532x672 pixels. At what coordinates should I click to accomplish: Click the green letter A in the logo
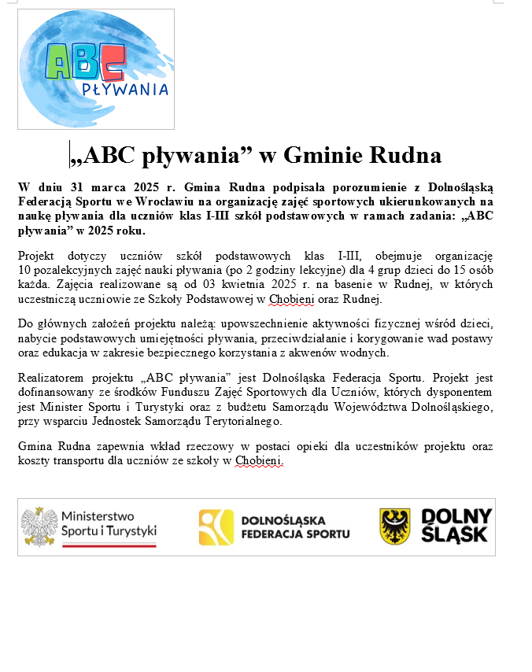tap(59, 62)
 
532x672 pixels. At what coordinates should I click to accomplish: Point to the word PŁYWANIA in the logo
tap(125, 89)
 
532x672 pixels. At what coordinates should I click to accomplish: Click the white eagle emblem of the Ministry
tap(38, 526)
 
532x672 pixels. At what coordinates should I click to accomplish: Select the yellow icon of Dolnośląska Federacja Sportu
tap(216, 527)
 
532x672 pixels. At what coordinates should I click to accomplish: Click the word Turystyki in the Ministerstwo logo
tap(129, 531)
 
